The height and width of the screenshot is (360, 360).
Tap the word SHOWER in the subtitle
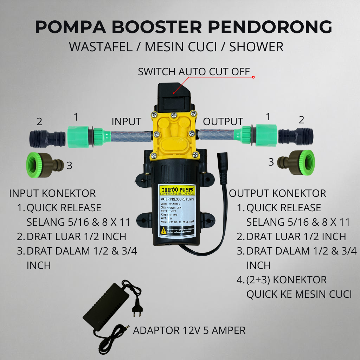pos(256,47)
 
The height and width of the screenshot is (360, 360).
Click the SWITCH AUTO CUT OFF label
pos(194,72)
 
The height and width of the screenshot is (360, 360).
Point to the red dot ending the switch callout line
pos(253,77)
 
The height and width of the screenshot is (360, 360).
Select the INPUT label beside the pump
pos(126,122)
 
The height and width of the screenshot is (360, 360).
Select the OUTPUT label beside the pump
pos(223,122)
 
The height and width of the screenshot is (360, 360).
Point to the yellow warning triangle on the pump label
pos(164,230)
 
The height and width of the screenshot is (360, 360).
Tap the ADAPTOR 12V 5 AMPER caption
pos(189,330)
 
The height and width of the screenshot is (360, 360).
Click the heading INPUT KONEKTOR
pos(52,193)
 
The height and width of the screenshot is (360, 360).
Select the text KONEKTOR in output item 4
pos(300,280)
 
